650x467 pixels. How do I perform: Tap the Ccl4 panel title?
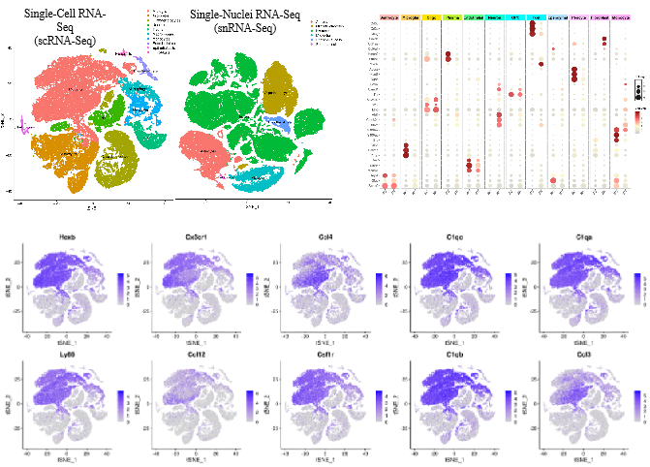pos(315,236)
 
